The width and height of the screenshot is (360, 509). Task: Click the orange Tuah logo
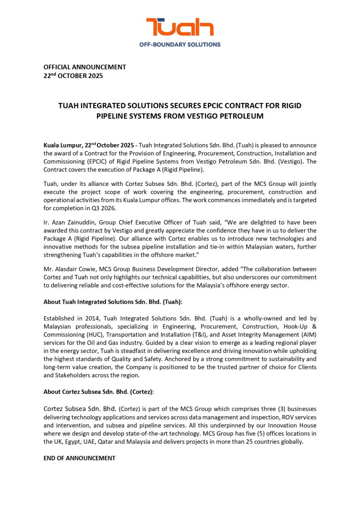(x=180, y=27)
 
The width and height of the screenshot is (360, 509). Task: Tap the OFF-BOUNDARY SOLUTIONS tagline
(x=180, y=44)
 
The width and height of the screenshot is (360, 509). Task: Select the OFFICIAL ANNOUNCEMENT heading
(x=85, y=67)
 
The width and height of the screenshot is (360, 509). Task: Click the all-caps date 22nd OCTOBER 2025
(x=74, y=76)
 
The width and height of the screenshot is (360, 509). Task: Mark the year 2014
(x=89, y=318)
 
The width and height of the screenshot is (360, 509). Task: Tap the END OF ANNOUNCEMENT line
(x=80, y=458)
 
